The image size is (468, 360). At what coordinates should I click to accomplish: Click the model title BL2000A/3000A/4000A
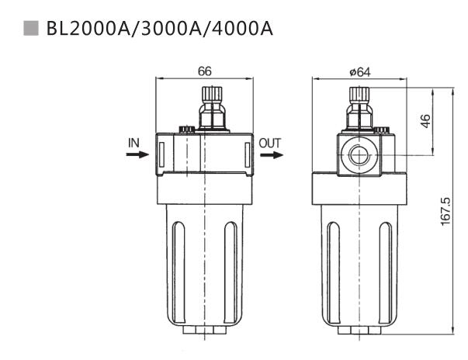click(160, 29)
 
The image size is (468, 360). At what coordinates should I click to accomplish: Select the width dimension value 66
click(205, 71)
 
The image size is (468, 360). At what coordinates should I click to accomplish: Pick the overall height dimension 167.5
click(445, 211)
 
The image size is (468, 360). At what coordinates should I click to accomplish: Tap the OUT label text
click(270, 143)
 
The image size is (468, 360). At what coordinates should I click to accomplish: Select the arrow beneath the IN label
click(136, 154)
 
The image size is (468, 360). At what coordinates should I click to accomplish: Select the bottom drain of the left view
click(205, 331)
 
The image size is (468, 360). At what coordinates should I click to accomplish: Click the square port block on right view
click(362, 154)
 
